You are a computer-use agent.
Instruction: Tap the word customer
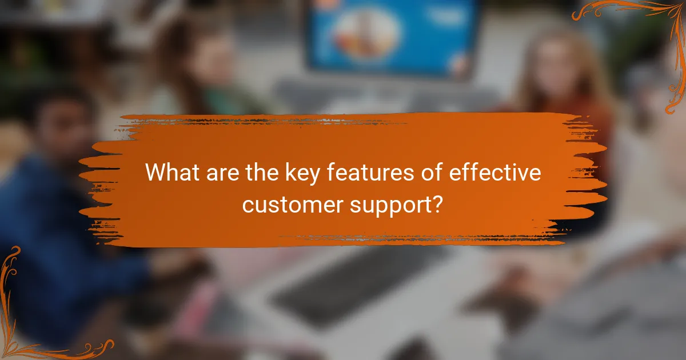[286, 203]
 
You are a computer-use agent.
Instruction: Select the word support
[389, 205]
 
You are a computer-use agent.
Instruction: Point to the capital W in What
[155, 173]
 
